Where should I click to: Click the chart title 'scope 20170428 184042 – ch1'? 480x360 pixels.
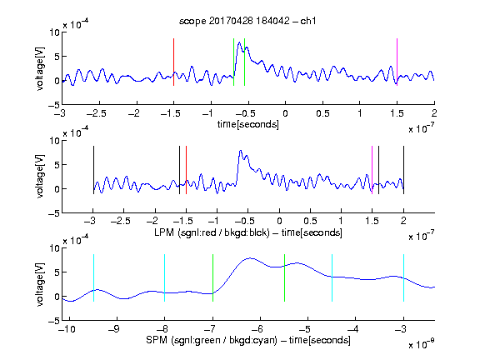(x=247, y=21)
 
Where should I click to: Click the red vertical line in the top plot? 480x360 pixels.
(x=173, y=62)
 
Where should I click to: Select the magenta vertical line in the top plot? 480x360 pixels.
(x=397, y=62)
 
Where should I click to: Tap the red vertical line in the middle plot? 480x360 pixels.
(x=186, y=170)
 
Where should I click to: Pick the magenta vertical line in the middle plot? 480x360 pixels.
(x=372, y=170)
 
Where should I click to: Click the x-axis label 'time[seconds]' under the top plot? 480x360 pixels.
(x=248, y=124)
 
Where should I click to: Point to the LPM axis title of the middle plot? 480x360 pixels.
(x=248, y=232)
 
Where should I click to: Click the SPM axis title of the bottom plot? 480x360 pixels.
(x=248, y=340)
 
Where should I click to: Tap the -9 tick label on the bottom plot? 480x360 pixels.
(x=114, y=329)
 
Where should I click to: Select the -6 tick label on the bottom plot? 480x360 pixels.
(x=257, y=329)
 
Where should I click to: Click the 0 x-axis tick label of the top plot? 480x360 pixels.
(x=285, y=113)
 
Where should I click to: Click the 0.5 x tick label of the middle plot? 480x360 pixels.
(x=310, y=221)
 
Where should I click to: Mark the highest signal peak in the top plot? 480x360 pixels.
(x=239, y=42)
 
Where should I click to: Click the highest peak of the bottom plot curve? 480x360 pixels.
(x=250, y=258)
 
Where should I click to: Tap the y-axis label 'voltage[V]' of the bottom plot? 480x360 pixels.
(x=40, y=284)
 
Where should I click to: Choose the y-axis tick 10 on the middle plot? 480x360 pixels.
(x=55, y=141)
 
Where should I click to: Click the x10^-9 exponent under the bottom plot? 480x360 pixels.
(x=421, y=344)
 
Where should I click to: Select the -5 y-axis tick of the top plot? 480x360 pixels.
(x=54, y=105)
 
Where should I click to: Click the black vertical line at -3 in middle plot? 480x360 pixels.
(x=93, y=170)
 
